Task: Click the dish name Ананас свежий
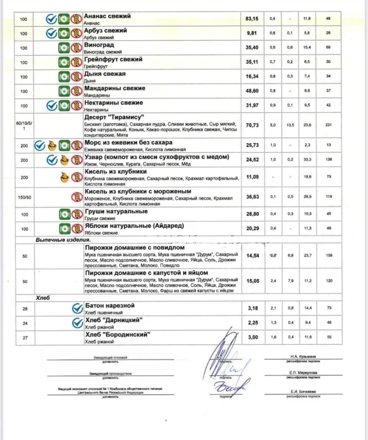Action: point(107,16)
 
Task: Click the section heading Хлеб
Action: point(43,298)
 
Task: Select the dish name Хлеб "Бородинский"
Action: point(118,334)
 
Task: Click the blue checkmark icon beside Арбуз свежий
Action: point(52,33)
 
